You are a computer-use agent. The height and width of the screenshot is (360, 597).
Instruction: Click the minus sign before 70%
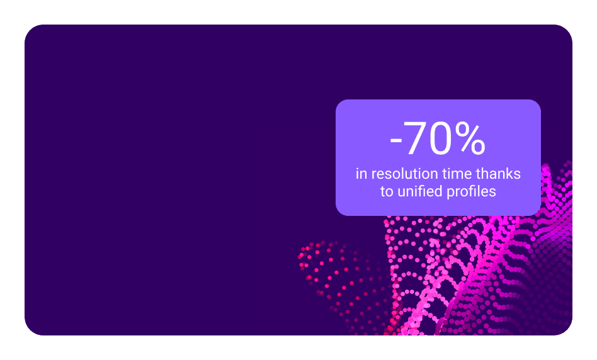(x=396, y=142)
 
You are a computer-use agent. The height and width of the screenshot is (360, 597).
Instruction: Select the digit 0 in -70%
(x=441, y=138)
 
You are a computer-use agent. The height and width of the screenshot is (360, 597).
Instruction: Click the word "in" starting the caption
(x=361, y=174)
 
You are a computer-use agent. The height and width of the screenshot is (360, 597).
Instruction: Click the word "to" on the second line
(x=387, y=191)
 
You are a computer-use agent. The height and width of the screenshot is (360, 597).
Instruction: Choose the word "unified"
(x=420, y=191)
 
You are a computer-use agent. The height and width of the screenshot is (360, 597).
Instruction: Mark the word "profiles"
(x=471, y=192)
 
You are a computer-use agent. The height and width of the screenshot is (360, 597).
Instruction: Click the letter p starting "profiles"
(x=450, y=193)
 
